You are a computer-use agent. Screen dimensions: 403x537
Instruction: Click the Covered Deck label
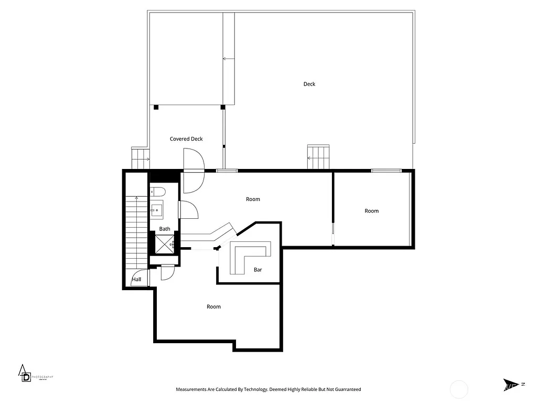click(186, 139)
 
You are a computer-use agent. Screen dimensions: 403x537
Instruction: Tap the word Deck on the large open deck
click(309, 84)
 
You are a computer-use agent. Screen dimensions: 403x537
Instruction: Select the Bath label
click(165, 229)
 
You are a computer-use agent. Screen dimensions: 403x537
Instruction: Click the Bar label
click(257, 270)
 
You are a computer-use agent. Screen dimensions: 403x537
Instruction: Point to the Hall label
click(137, 280)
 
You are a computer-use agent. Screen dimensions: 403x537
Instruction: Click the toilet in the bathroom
click(158, 192)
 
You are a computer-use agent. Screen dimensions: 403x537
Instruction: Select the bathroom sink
click(157, 211)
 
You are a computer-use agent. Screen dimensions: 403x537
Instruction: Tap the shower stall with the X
click(165, 244)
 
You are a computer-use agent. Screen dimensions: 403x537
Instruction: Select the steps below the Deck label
click(318, 156)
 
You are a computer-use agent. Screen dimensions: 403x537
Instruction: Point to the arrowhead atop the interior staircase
click(137, 198)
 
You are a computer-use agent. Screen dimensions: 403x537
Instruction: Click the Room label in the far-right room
click(372, 211)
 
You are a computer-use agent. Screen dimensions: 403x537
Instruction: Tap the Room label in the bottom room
click(214, 306)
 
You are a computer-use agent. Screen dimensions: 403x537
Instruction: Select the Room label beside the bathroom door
click(253, 199)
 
